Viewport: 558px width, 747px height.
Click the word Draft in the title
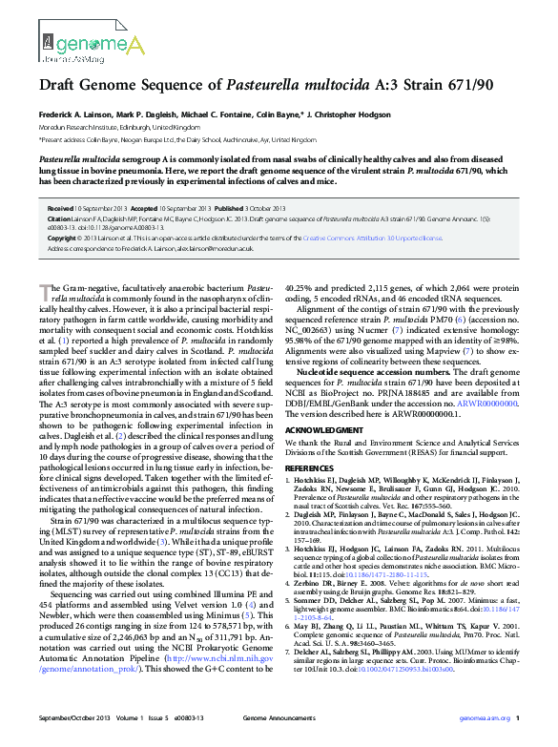click(57, 85)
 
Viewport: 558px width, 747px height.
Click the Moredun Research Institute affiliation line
click(119, 126)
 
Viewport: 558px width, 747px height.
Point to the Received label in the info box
click(59, 208)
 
